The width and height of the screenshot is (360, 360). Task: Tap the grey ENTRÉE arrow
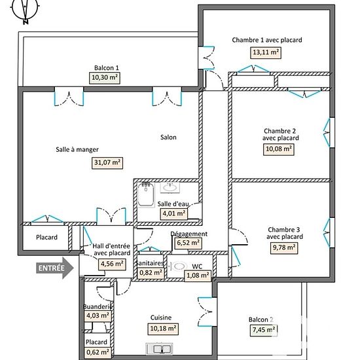coord(54,268)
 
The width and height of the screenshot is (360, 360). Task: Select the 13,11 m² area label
coord(266,53)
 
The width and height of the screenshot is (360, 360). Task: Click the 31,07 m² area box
coord(107,163)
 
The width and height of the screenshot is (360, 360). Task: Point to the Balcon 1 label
coord(107,68)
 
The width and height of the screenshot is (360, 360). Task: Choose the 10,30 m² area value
coord(105,78)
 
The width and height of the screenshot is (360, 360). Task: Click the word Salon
coord(168,137)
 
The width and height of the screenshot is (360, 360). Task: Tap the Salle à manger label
coord(77,150)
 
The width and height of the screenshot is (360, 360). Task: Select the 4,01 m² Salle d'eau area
coord(174,214)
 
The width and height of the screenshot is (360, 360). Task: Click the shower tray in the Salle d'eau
coord(146,194)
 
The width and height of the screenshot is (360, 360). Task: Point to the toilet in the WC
coord(179,266)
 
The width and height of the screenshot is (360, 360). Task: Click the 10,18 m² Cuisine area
coord(163,329)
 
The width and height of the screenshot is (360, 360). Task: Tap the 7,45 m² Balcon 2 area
coord(264,331)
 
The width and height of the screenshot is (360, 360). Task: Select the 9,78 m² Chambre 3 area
coord(284,248)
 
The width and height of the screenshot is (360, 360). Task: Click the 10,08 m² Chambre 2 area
coord(278,149)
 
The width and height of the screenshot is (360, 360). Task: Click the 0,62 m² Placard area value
coord(98,352)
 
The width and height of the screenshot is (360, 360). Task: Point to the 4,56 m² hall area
coord(112,264)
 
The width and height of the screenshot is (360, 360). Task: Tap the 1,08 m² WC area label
coord(198,276)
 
